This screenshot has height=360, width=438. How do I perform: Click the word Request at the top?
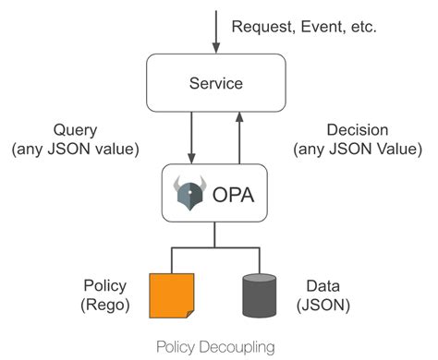click(x=258, y=28)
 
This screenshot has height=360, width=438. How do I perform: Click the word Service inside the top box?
click(x=213, y=83)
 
